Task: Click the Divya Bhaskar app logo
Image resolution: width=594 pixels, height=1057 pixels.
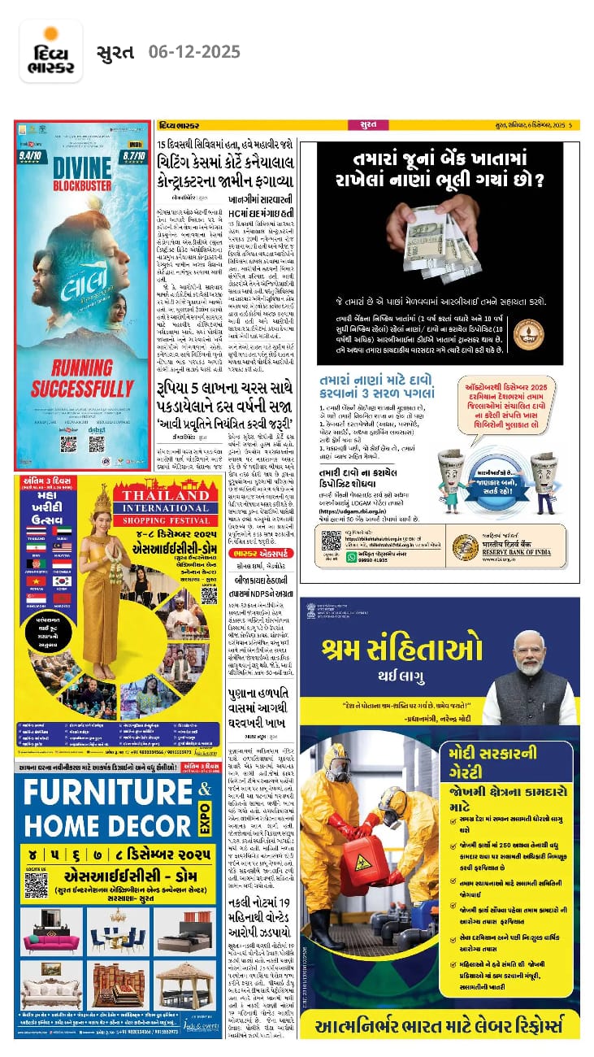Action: pos(50,51)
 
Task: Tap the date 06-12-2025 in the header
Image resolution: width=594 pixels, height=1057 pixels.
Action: pos(194,52)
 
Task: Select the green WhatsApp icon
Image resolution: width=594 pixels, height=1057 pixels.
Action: pos(351,555)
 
